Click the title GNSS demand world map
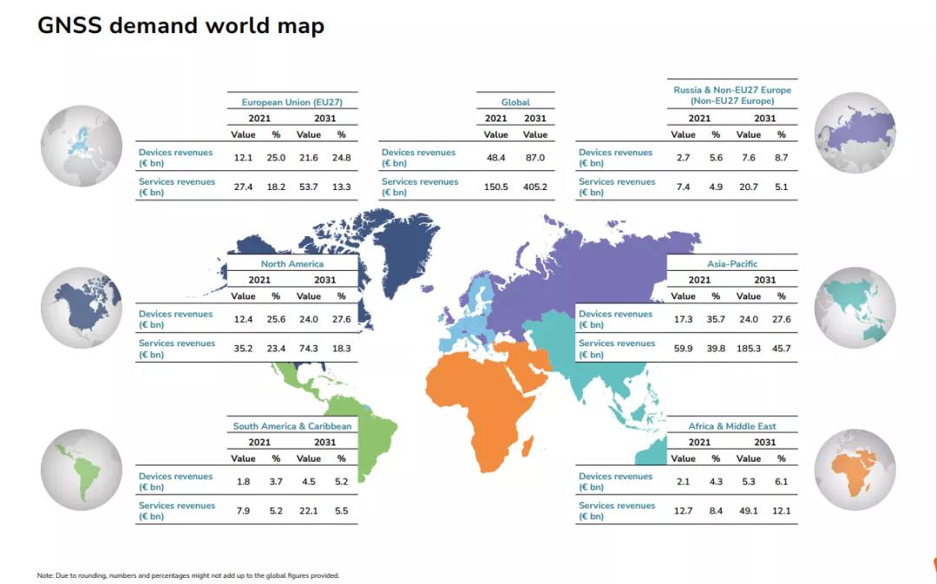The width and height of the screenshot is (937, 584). (180, 25)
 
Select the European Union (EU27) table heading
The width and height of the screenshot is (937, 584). (292, 102)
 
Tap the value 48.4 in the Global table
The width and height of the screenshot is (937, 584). (495, 157)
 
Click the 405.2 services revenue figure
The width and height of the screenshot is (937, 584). (535, 187)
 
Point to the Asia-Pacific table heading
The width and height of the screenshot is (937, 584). (732, 264)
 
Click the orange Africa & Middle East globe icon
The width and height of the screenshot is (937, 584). (855, 469)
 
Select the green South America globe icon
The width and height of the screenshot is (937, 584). (82, 469)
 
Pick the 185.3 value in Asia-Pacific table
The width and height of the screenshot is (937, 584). (749, 348)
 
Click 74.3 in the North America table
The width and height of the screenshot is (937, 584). (308, 348)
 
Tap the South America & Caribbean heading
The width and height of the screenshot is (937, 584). (292, 426)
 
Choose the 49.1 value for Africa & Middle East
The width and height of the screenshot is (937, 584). (749, 510)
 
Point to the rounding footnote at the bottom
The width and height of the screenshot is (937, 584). (188, 575)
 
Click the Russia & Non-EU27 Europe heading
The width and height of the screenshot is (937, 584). (732, 95)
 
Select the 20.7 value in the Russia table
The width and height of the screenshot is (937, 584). (749, 187)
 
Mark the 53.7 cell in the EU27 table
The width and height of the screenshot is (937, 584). (308, 187)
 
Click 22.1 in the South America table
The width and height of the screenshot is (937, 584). (308, 510)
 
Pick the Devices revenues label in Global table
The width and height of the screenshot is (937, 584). (418, 157)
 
